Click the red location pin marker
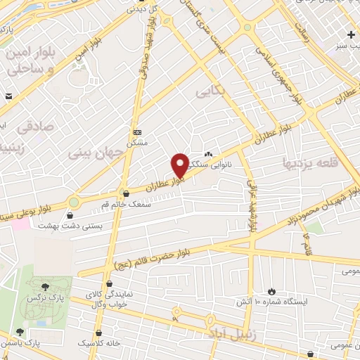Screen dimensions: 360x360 (180, 166)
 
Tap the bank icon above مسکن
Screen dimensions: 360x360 (137, 131)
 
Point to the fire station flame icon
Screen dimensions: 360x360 (272, 290)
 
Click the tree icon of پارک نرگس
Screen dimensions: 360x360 (46, 287)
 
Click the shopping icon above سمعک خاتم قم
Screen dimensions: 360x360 (126, 193)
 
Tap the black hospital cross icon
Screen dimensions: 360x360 (351, 34)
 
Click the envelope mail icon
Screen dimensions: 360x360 (7, 95)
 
